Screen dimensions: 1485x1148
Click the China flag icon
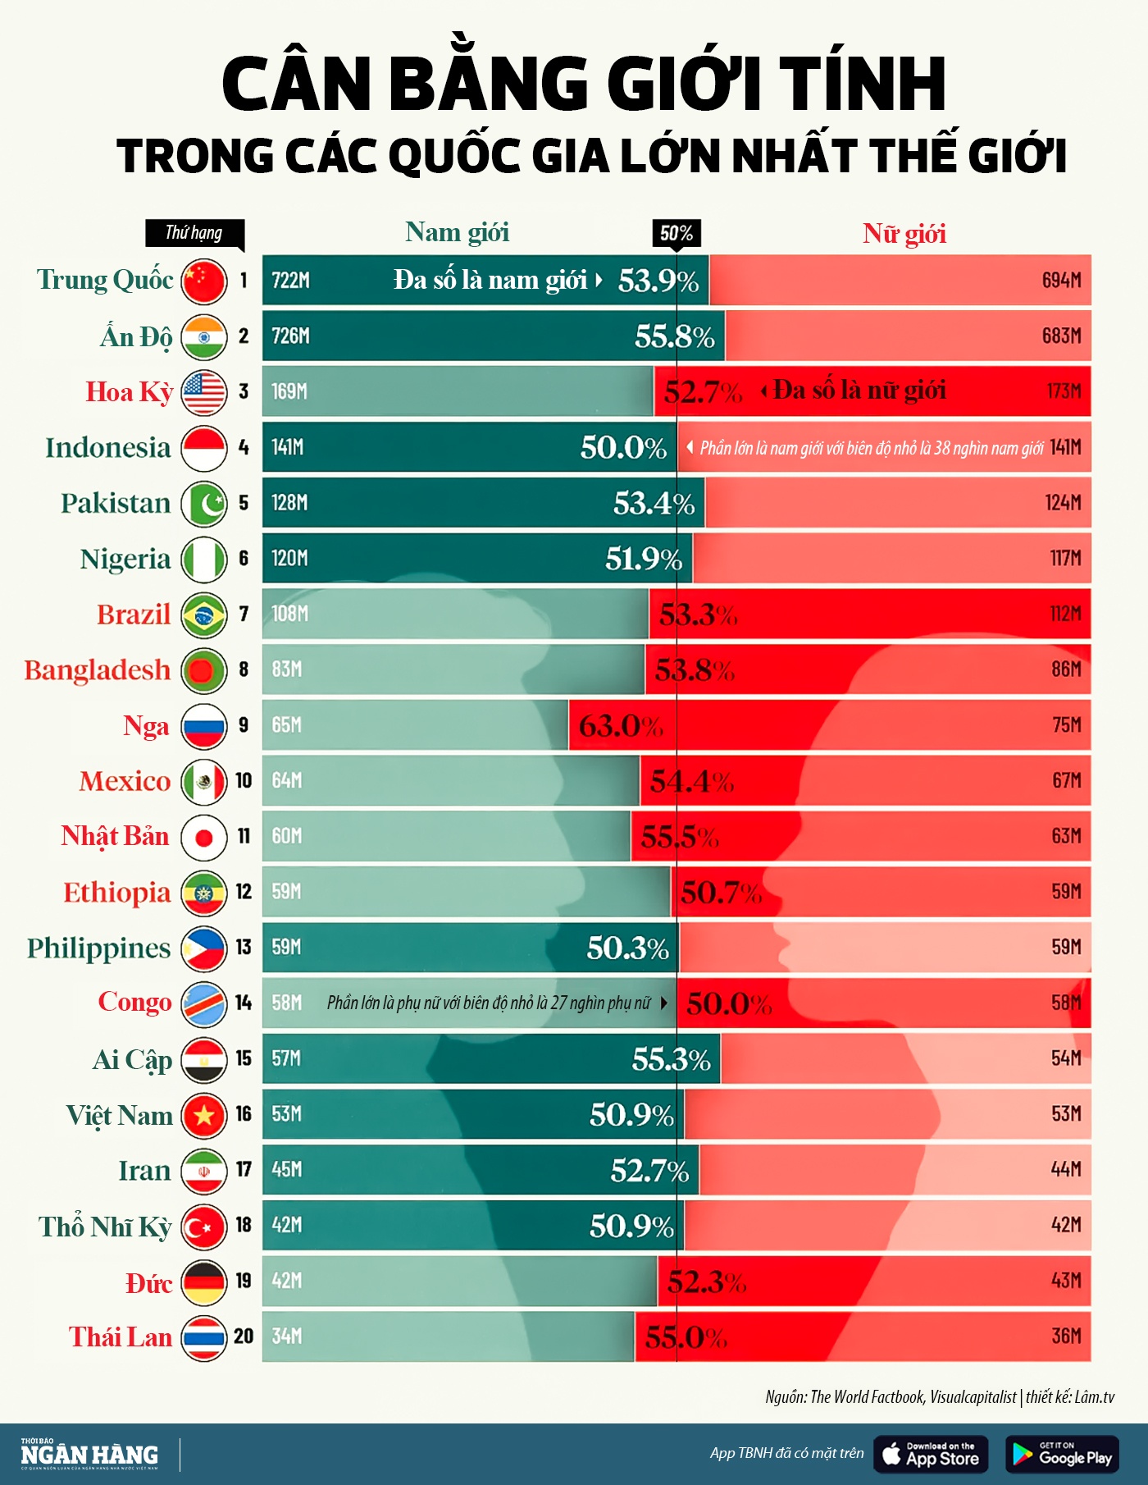(203, 281)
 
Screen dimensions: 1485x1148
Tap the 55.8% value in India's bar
(674, 336)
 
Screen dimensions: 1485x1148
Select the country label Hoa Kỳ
(129, 392)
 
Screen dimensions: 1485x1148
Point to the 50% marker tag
(676, 234)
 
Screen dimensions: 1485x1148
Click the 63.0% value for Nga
(620, 726)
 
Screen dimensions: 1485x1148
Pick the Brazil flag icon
(203, 615)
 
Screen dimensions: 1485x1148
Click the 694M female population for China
(1061, 281)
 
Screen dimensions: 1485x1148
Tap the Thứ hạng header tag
(194, 233)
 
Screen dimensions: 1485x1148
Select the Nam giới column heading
(457, 233)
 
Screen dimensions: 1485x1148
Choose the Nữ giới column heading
(904, 234)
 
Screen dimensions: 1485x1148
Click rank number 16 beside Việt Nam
(244, 1114)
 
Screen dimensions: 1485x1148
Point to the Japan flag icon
(203, 837)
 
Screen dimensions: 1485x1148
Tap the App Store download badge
(931, 1454)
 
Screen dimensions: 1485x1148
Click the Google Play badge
(1062, 1454)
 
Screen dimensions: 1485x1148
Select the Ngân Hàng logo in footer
(89, 1454)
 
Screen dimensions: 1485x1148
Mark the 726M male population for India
(290, 336)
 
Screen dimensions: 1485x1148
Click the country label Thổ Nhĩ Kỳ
(105, 1227)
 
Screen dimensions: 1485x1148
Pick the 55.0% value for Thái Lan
(686, 1337)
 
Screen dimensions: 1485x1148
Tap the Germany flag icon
(203, 1282)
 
